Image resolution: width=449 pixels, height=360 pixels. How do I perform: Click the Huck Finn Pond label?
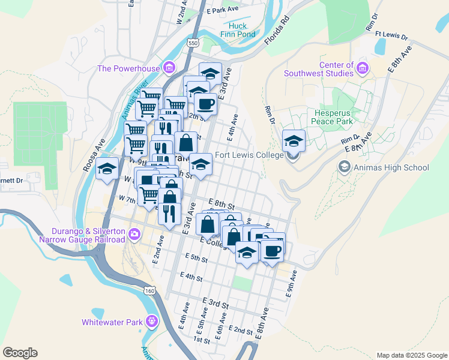[242, 30]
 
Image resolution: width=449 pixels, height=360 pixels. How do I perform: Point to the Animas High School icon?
[345, 167]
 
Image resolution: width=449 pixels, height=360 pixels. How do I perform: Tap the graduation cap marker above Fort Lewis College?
[294, 141]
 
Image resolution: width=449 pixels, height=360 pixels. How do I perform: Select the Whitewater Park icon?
[151, 322]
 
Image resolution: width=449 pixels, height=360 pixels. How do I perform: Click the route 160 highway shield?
[149, 290]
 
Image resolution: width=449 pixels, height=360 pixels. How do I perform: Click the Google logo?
[20, 353]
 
